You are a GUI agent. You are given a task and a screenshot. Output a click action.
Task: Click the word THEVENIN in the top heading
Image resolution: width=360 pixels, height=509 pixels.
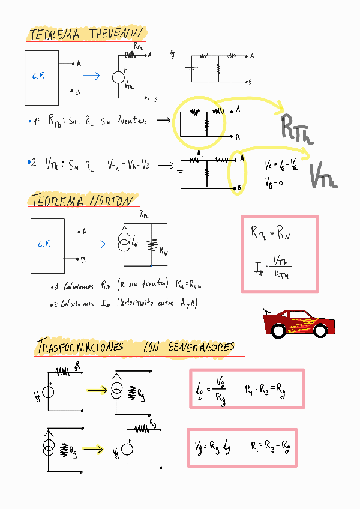coord(116,34)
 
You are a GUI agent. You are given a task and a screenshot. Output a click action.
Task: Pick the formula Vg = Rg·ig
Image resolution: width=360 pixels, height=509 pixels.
coord(213,447)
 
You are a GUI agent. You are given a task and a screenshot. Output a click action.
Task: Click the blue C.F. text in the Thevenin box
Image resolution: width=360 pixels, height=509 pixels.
coord(38,76)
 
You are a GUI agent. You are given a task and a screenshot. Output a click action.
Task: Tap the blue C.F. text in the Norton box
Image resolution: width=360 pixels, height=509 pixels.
coord(44,244)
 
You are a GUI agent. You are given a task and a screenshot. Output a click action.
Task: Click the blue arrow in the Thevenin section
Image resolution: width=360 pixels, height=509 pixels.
coord(91,76)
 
